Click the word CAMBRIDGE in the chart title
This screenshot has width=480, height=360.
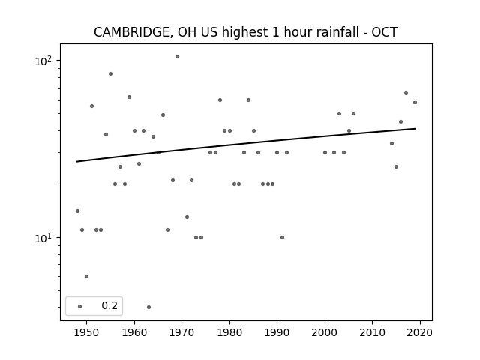(x=131, y=32)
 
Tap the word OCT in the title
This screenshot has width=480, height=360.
(x=384, y=32)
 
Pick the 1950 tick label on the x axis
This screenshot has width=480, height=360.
(x=87, y=332)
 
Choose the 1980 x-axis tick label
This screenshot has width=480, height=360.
(x=229, y=332)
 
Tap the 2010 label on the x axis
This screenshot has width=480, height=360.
(x=372, y=332)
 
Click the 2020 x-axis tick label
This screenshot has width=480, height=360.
(x=420, y=332)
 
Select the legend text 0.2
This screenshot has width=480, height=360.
(x=109, y=305)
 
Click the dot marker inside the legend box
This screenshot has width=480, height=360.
(x=80, y=306)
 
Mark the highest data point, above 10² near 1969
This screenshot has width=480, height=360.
(x=177, y=57)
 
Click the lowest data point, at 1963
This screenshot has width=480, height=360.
(x=148, y=307)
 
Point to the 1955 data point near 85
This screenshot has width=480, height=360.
(x=110, y=73)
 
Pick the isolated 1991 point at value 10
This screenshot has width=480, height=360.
(x=282, y=237)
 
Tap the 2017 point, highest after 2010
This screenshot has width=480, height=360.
(x=406, y=92)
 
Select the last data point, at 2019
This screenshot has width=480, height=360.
(x=415, y=102)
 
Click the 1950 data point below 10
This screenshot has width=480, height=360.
(x=87, y=276)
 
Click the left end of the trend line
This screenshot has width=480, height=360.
(x=76, y=162)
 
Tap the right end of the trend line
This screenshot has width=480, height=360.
(x=415, y=128)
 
